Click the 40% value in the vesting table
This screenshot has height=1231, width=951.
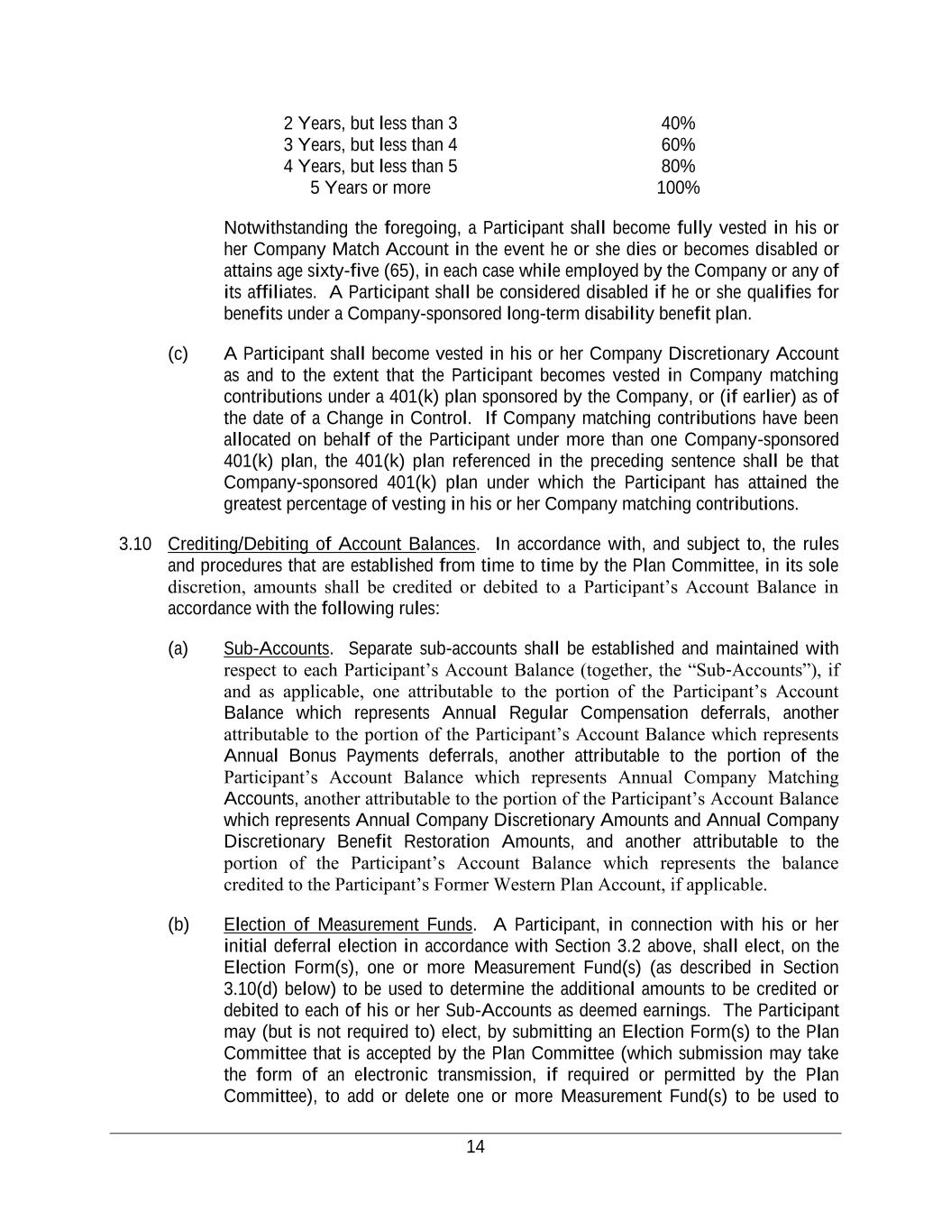tap(678, 124)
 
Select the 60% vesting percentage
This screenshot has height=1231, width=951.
tap(678, 145)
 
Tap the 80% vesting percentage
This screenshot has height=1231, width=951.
tap(678, 167)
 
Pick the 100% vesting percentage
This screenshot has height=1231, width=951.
tap(678, 188)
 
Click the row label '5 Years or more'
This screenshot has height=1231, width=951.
tap(370, 188)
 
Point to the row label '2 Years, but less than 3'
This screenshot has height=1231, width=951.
tap(370, 124)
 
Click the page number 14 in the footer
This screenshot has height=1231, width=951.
tap(475, 1147)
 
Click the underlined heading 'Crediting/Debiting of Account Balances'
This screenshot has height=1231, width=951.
tap(321, 544)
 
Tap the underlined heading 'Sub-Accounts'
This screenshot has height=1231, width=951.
tap(277, 648)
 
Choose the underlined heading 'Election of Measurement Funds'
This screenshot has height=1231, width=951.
tap(348, 924)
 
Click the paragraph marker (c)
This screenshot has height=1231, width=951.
tap(178, 354)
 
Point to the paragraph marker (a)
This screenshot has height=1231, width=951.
tap(178, 648)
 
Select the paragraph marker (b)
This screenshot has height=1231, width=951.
tap(178, 924)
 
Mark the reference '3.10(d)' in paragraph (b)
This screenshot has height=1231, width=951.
tap(254, 988)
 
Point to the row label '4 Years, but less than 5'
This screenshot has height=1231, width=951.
tap(370, 167)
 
